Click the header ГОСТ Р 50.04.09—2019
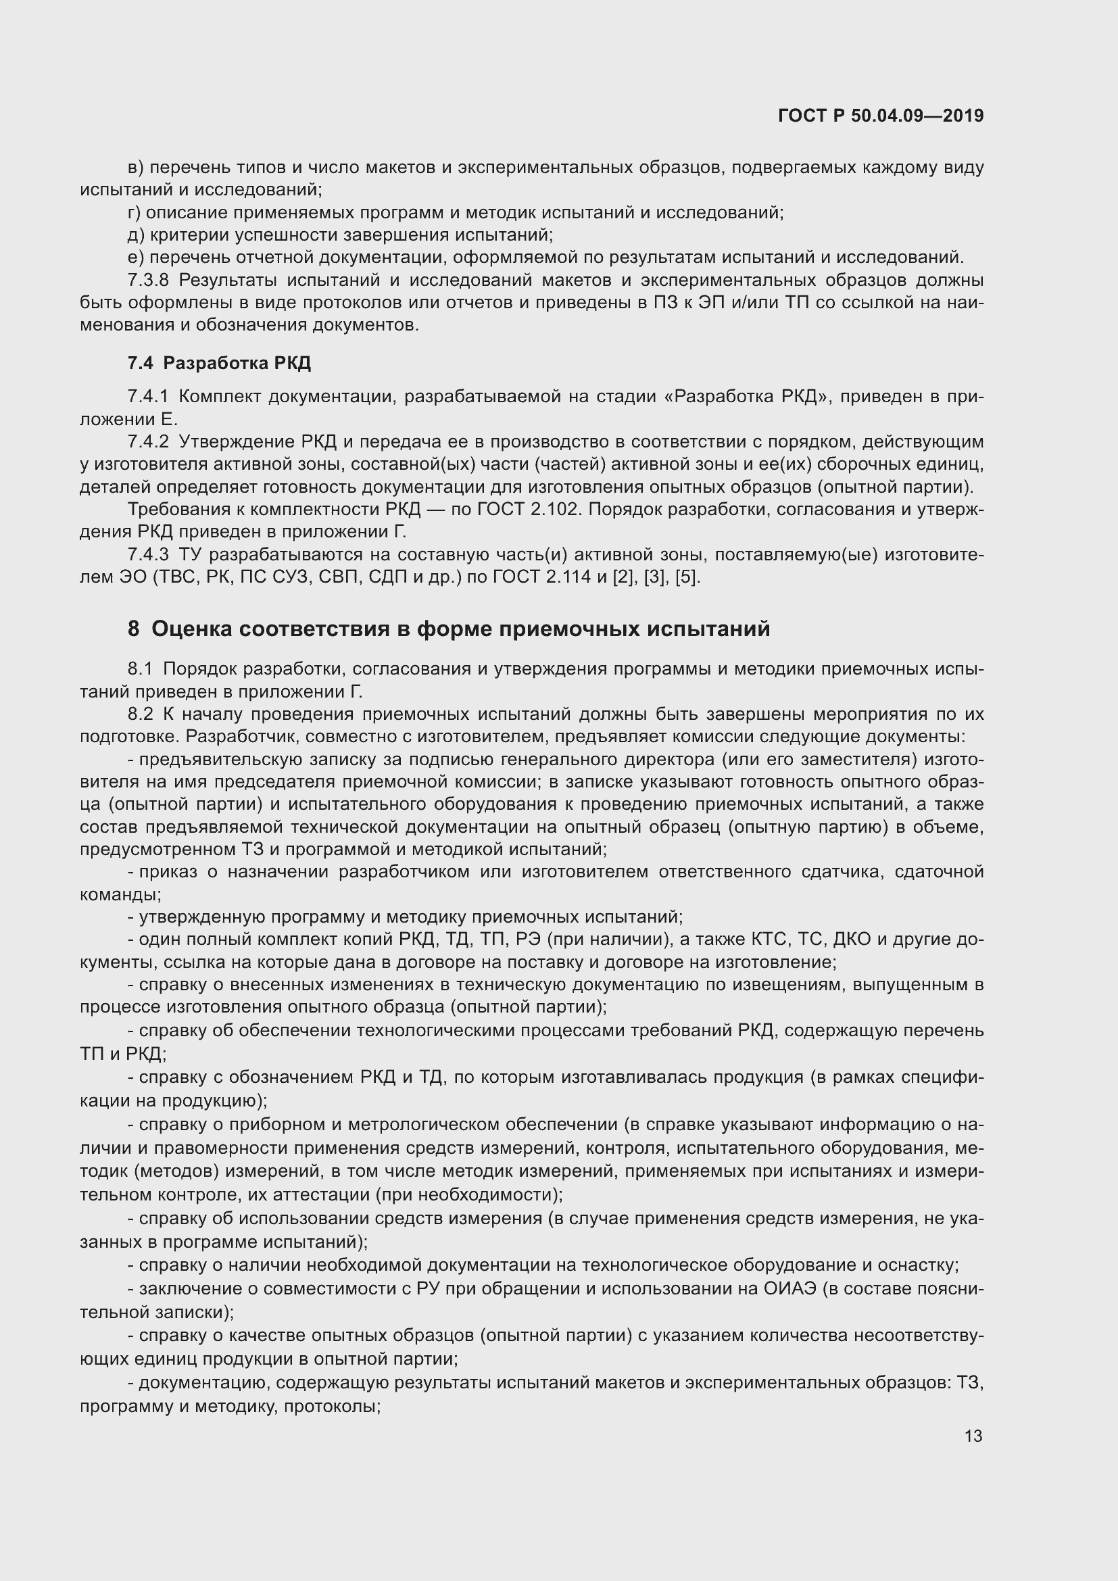[x=881, y=116]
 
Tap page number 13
[x=973, y=1436]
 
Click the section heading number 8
[x=134, y=629]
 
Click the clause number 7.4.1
[x=148, y=396]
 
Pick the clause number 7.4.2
[x=148, y=441]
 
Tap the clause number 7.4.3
[x=148, y=554]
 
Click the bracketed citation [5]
[x=687, y=577]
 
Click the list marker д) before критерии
[x=136, y=235]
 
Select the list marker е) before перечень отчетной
[x=136, y=258]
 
